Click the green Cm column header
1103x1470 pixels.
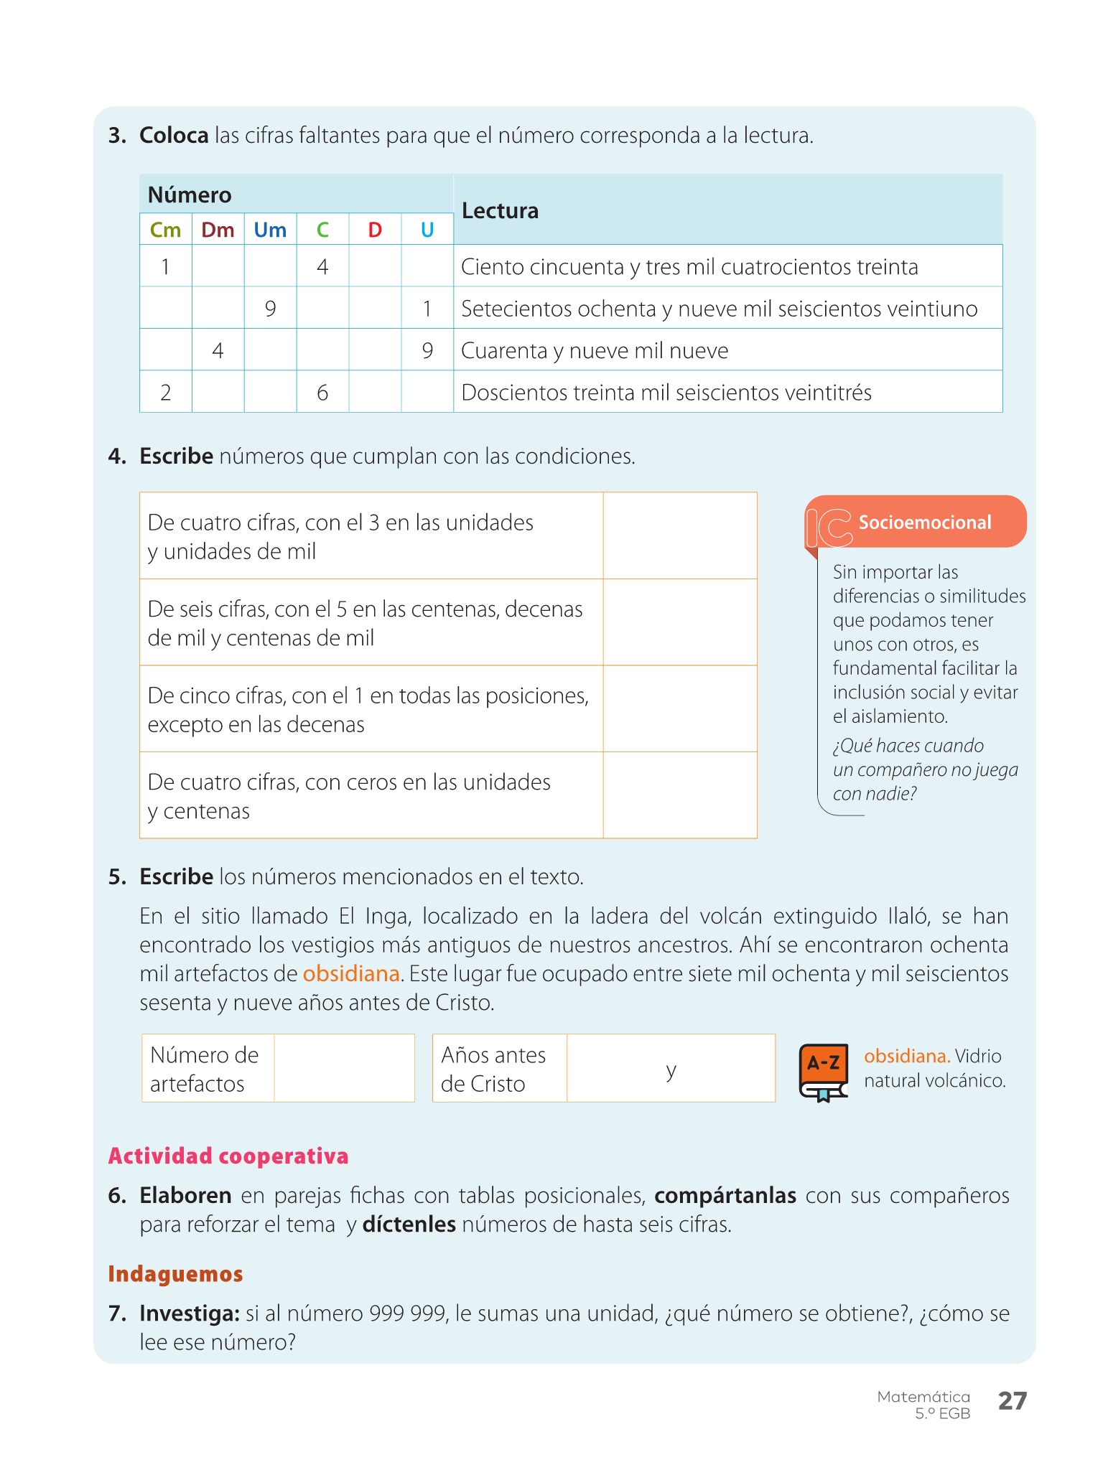165,230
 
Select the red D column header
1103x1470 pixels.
375,230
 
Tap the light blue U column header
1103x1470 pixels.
427,230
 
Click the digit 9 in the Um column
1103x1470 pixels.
270,309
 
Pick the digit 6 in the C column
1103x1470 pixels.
322,393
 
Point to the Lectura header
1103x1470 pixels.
500,210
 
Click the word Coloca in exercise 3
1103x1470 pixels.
174,135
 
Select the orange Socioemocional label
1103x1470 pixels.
925,522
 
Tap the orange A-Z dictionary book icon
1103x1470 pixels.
824,1072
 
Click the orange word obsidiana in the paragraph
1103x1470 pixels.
350,973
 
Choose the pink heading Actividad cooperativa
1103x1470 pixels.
228,1156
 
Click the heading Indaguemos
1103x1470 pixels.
175,1273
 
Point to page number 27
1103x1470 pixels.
1013,1400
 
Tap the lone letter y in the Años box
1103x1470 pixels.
671,1069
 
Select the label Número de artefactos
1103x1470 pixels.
205,1069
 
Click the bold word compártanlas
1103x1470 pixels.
725,1195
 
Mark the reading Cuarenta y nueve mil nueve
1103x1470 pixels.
595,350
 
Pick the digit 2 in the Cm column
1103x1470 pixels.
165,393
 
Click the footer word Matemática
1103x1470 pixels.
923,1396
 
